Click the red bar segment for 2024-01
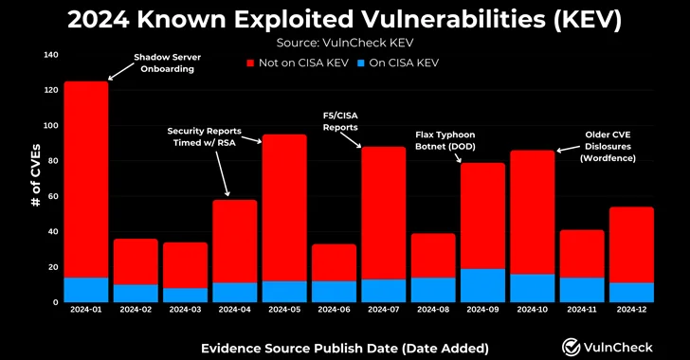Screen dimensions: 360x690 click(85, 179)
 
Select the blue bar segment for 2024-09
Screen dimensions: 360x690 click(482, 285)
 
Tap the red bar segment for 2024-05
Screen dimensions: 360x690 click(284, 207)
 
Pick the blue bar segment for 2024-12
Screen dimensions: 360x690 click(631, 292)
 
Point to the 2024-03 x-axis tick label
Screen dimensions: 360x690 click(185, 310)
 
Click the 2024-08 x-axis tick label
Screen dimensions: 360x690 click(432, 310)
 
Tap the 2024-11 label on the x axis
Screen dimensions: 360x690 click(581, 310)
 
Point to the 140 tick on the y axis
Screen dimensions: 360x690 click(49, 55)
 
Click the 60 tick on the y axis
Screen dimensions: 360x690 click(52, 196)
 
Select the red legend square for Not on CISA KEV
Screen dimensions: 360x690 click(250, 63)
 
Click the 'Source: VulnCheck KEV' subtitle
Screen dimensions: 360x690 click(344, 42)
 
